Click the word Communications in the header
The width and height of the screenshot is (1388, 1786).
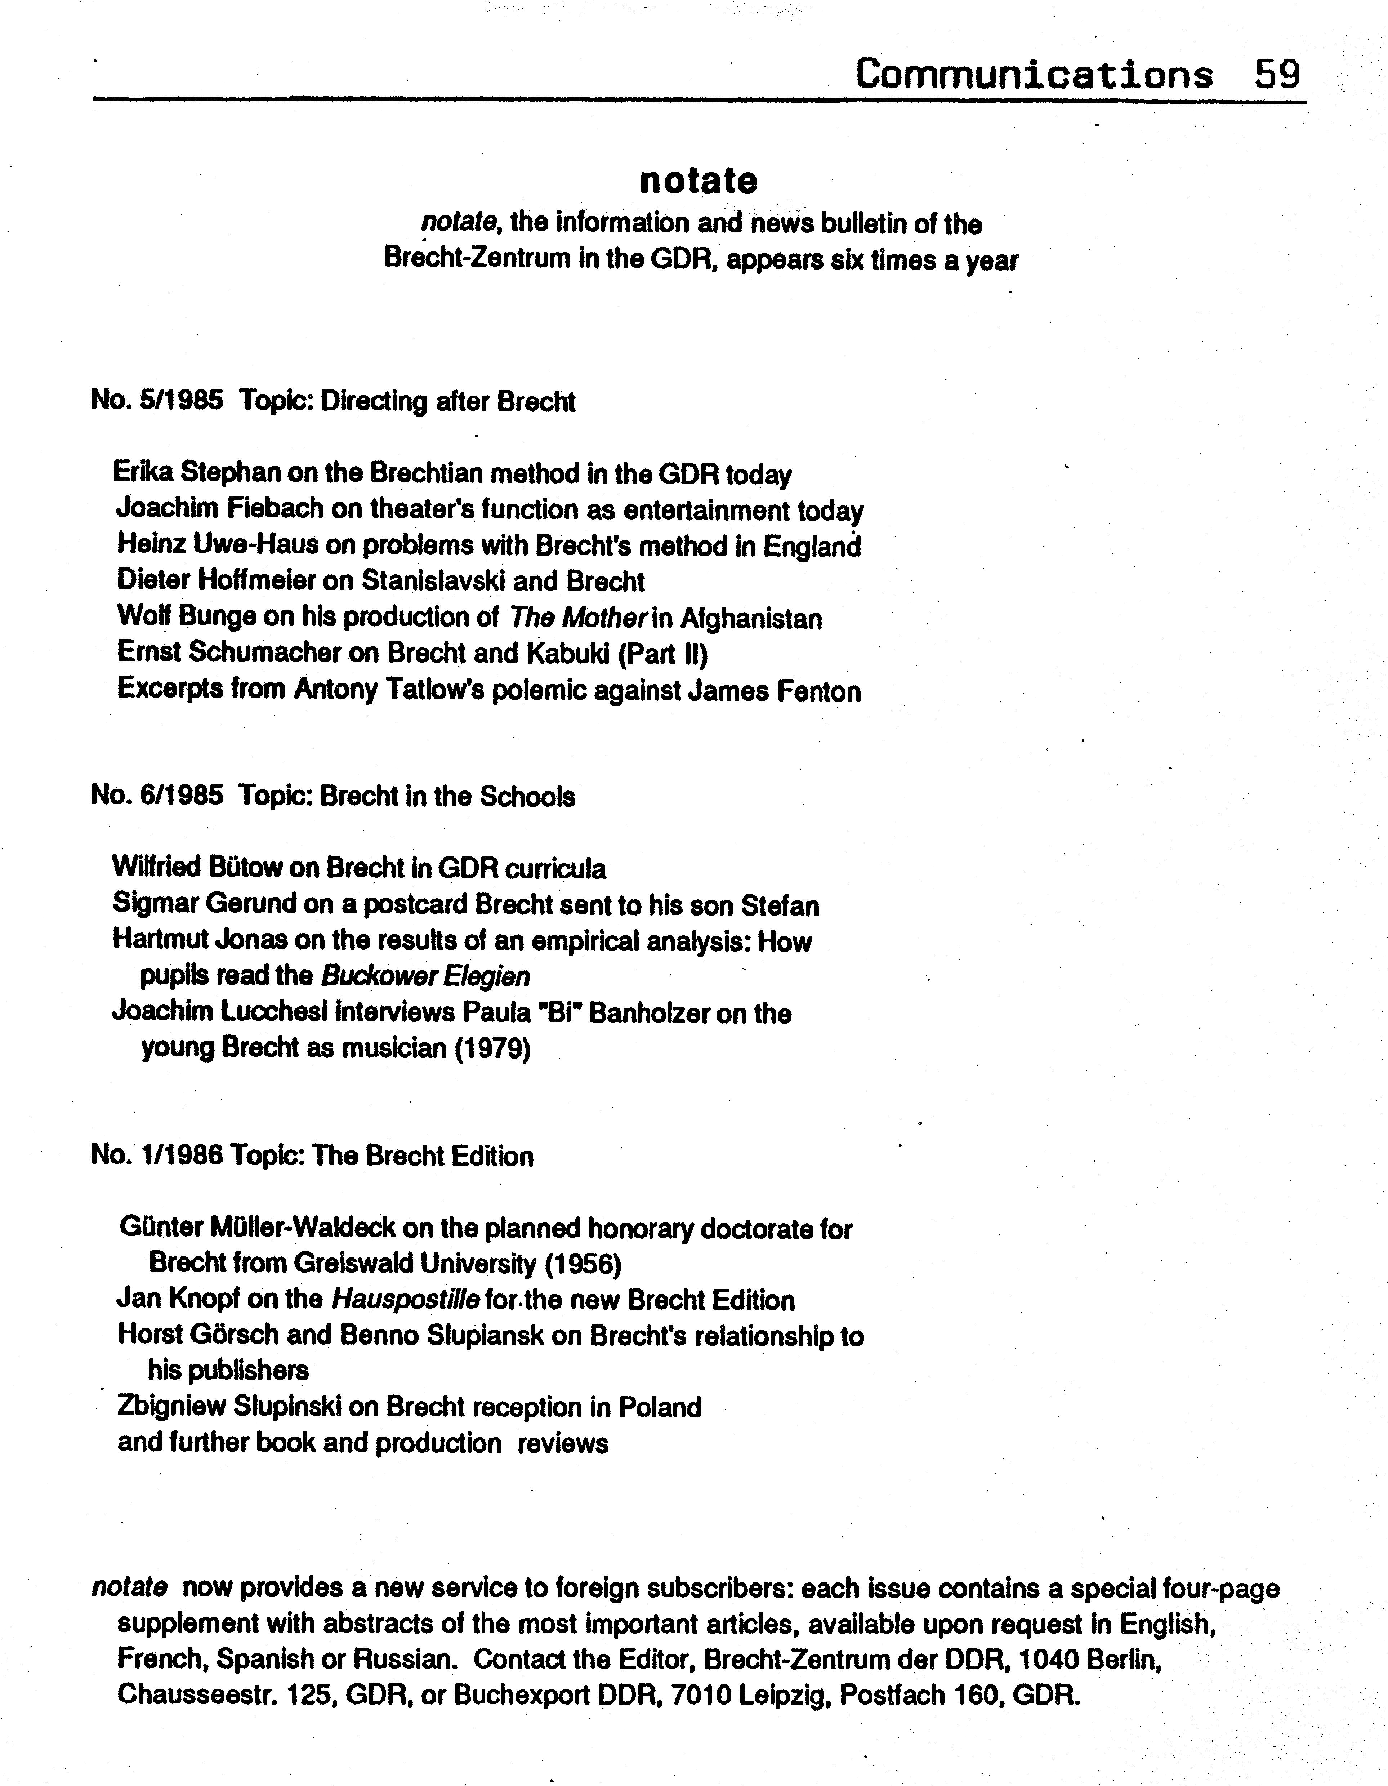(1034, 75)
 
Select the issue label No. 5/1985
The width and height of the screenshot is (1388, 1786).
(157, 401)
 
